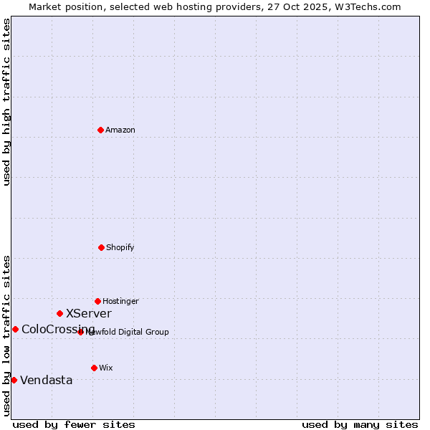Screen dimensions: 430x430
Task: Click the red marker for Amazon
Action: pos(100,130)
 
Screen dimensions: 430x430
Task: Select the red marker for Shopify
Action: pos(101,247)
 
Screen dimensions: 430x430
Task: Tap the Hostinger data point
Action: pos(97,301)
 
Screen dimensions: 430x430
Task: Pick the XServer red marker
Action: pos(59,313)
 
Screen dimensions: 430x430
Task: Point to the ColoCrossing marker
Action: pos(15,329)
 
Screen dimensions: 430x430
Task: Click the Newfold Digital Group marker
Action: pos(80,332)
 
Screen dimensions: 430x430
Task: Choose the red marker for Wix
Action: pos(94,368)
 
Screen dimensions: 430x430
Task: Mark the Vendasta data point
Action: pos(14,380)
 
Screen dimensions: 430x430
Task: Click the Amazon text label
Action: pos(120,130)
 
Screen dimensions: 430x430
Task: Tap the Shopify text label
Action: pos(120,247)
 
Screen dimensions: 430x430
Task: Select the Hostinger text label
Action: pos(120,301)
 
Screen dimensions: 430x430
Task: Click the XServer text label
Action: pos(89,313)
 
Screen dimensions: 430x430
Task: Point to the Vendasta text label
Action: pos(47,380)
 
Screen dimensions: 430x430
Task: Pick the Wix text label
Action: pos(106,368)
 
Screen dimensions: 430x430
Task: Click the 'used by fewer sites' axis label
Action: pos(74,424)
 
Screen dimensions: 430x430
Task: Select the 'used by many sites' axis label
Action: pos(360,424)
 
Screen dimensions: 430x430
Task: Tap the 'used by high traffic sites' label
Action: pos(6,102)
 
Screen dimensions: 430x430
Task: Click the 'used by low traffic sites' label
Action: pos(6,335)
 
